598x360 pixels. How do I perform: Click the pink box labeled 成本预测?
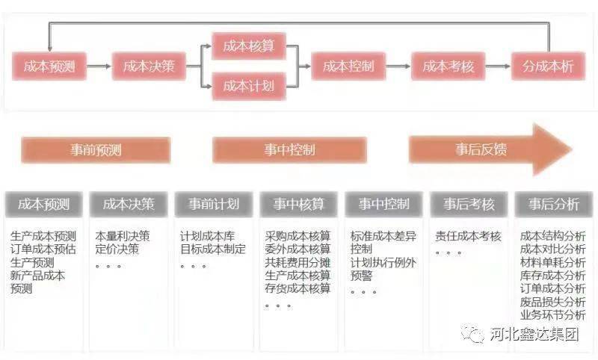(49, 66)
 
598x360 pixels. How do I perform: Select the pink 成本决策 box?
(149, 66)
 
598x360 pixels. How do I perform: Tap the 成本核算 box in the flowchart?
(249, 46)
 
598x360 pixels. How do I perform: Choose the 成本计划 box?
(249, 87)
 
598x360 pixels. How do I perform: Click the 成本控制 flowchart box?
(348, 66)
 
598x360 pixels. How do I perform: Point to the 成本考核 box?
(448, 66)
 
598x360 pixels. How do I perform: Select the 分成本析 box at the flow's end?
(548, 66)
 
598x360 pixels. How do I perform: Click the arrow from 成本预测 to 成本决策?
(99, 66)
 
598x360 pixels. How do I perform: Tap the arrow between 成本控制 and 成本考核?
(398, 66)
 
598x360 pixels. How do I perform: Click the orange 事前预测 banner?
(96, 149)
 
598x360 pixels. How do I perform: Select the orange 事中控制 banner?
(289, 149)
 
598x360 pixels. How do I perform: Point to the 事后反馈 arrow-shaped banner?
(490, 149)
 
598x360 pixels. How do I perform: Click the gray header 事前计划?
(214, 204)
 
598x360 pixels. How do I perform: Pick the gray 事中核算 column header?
(298, 204)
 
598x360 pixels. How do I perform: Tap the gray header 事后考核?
(469, 204)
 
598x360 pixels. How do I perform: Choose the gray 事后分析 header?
(554, 204)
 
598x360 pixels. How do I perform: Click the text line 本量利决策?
(123, 236)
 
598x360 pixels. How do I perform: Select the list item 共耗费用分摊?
(298, 262)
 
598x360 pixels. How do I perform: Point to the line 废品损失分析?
(552, 302)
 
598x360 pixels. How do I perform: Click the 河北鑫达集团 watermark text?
(534, 335)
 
